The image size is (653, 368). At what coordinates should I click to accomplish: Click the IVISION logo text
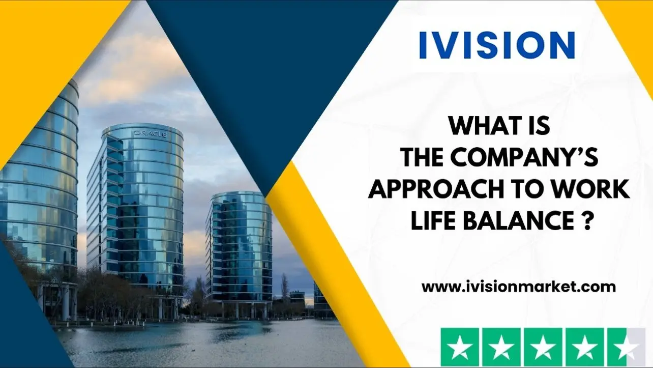coord(497,45)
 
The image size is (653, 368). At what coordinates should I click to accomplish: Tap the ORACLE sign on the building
coord(151,134)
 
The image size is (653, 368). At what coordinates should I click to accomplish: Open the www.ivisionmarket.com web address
coord(519,287)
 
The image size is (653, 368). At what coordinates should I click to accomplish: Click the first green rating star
coord(460,347)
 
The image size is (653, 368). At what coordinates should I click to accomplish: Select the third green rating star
coord(543,347)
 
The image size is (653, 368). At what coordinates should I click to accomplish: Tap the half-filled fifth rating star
coord(627,347)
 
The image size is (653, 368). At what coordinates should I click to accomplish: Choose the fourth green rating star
coord(585,347)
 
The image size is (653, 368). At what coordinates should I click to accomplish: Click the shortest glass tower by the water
coord(239,251)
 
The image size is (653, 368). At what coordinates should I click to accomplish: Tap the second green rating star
coord(501,347)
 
